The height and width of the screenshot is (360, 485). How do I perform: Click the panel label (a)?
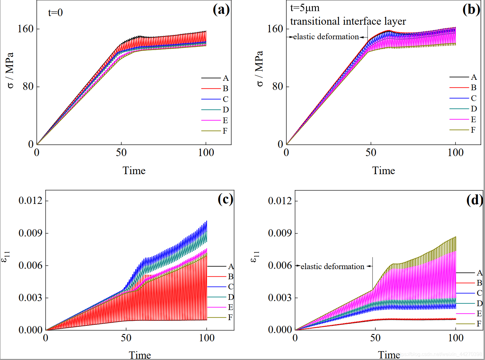tap(221, 9)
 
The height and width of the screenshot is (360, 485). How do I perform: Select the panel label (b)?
tap(471, 9)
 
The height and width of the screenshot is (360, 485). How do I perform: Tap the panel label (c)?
tap(225, 199)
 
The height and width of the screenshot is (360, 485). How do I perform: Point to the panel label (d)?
tap(474, 200)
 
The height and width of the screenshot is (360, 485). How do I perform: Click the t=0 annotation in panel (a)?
tap(55, 13)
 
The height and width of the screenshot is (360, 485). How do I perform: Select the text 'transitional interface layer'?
tap(348, 21)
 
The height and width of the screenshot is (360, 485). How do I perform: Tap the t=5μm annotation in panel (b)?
tap(305, 8)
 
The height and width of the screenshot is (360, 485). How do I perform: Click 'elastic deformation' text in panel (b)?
tap(326, 37)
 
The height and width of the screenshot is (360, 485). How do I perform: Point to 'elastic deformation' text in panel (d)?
tap(332, 267)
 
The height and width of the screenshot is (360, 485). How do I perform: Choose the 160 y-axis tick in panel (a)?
tap(25, 29)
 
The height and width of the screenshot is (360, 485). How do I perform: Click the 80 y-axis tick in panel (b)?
tap(278, 86)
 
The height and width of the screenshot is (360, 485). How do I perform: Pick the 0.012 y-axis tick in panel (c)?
tap(30, 200)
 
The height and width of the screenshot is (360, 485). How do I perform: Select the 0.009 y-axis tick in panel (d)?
tap(280, 233)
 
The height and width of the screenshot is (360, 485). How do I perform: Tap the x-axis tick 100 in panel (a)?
tap(206, 153)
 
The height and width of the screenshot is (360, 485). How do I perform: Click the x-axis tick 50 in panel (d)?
tap(375, 338)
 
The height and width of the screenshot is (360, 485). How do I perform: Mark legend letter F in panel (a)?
tap(225, 131)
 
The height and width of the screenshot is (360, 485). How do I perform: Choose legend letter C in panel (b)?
tap(474, 98)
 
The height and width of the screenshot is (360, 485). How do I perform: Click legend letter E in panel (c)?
tap(230, 307)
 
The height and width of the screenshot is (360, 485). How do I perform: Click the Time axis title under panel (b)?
tap(383, 171)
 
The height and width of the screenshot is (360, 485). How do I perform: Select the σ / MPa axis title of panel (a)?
tap(10, 70)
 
